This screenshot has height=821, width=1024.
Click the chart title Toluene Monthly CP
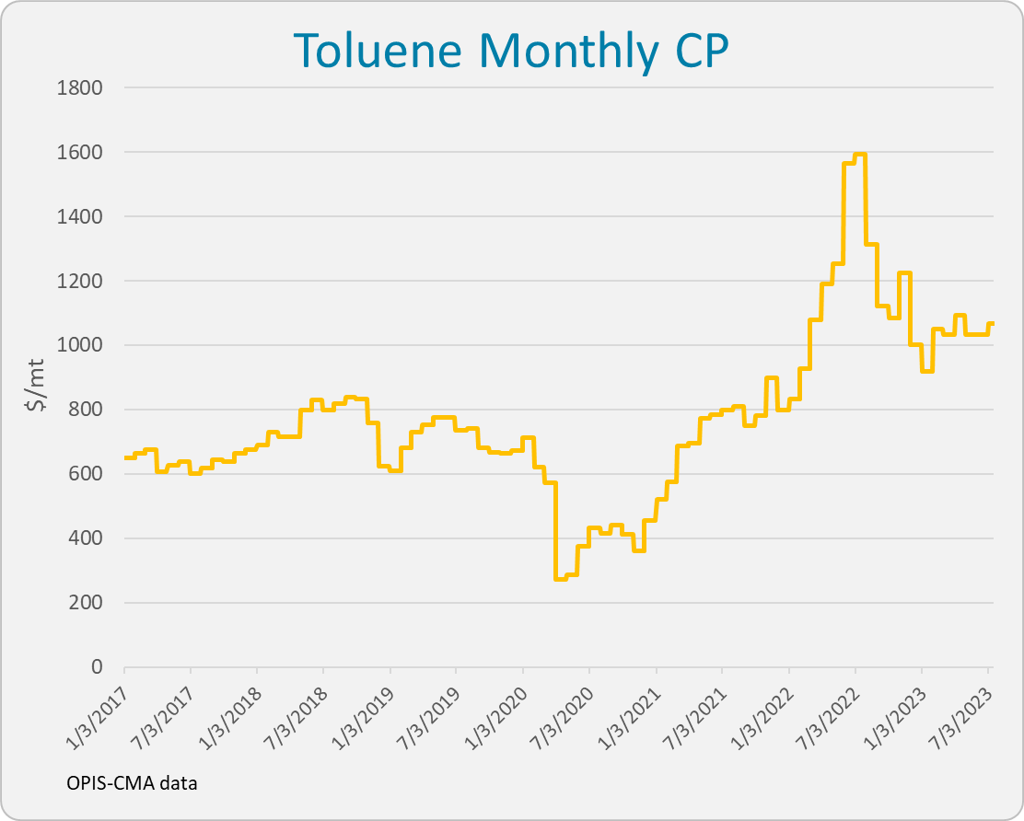pyautogui.click(x=511, y=52)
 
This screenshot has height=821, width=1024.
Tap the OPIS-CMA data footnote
pyautogui.click(x=132, y=783)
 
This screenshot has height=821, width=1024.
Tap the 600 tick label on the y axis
pyautogui.click(x=87, y=474)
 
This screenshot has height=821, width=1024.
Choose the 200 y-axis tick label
pyautogui.click(x=87, y=603)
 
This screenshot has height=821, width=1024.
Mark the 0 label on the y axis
pyautogui.click(x=97, y=667)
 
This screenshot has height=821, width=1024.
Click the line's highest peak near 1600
pyautogui.click(x=860, y=156)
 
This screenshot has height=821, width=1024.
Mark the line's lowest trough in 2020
pyautogui.click(x=561, y=578)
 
